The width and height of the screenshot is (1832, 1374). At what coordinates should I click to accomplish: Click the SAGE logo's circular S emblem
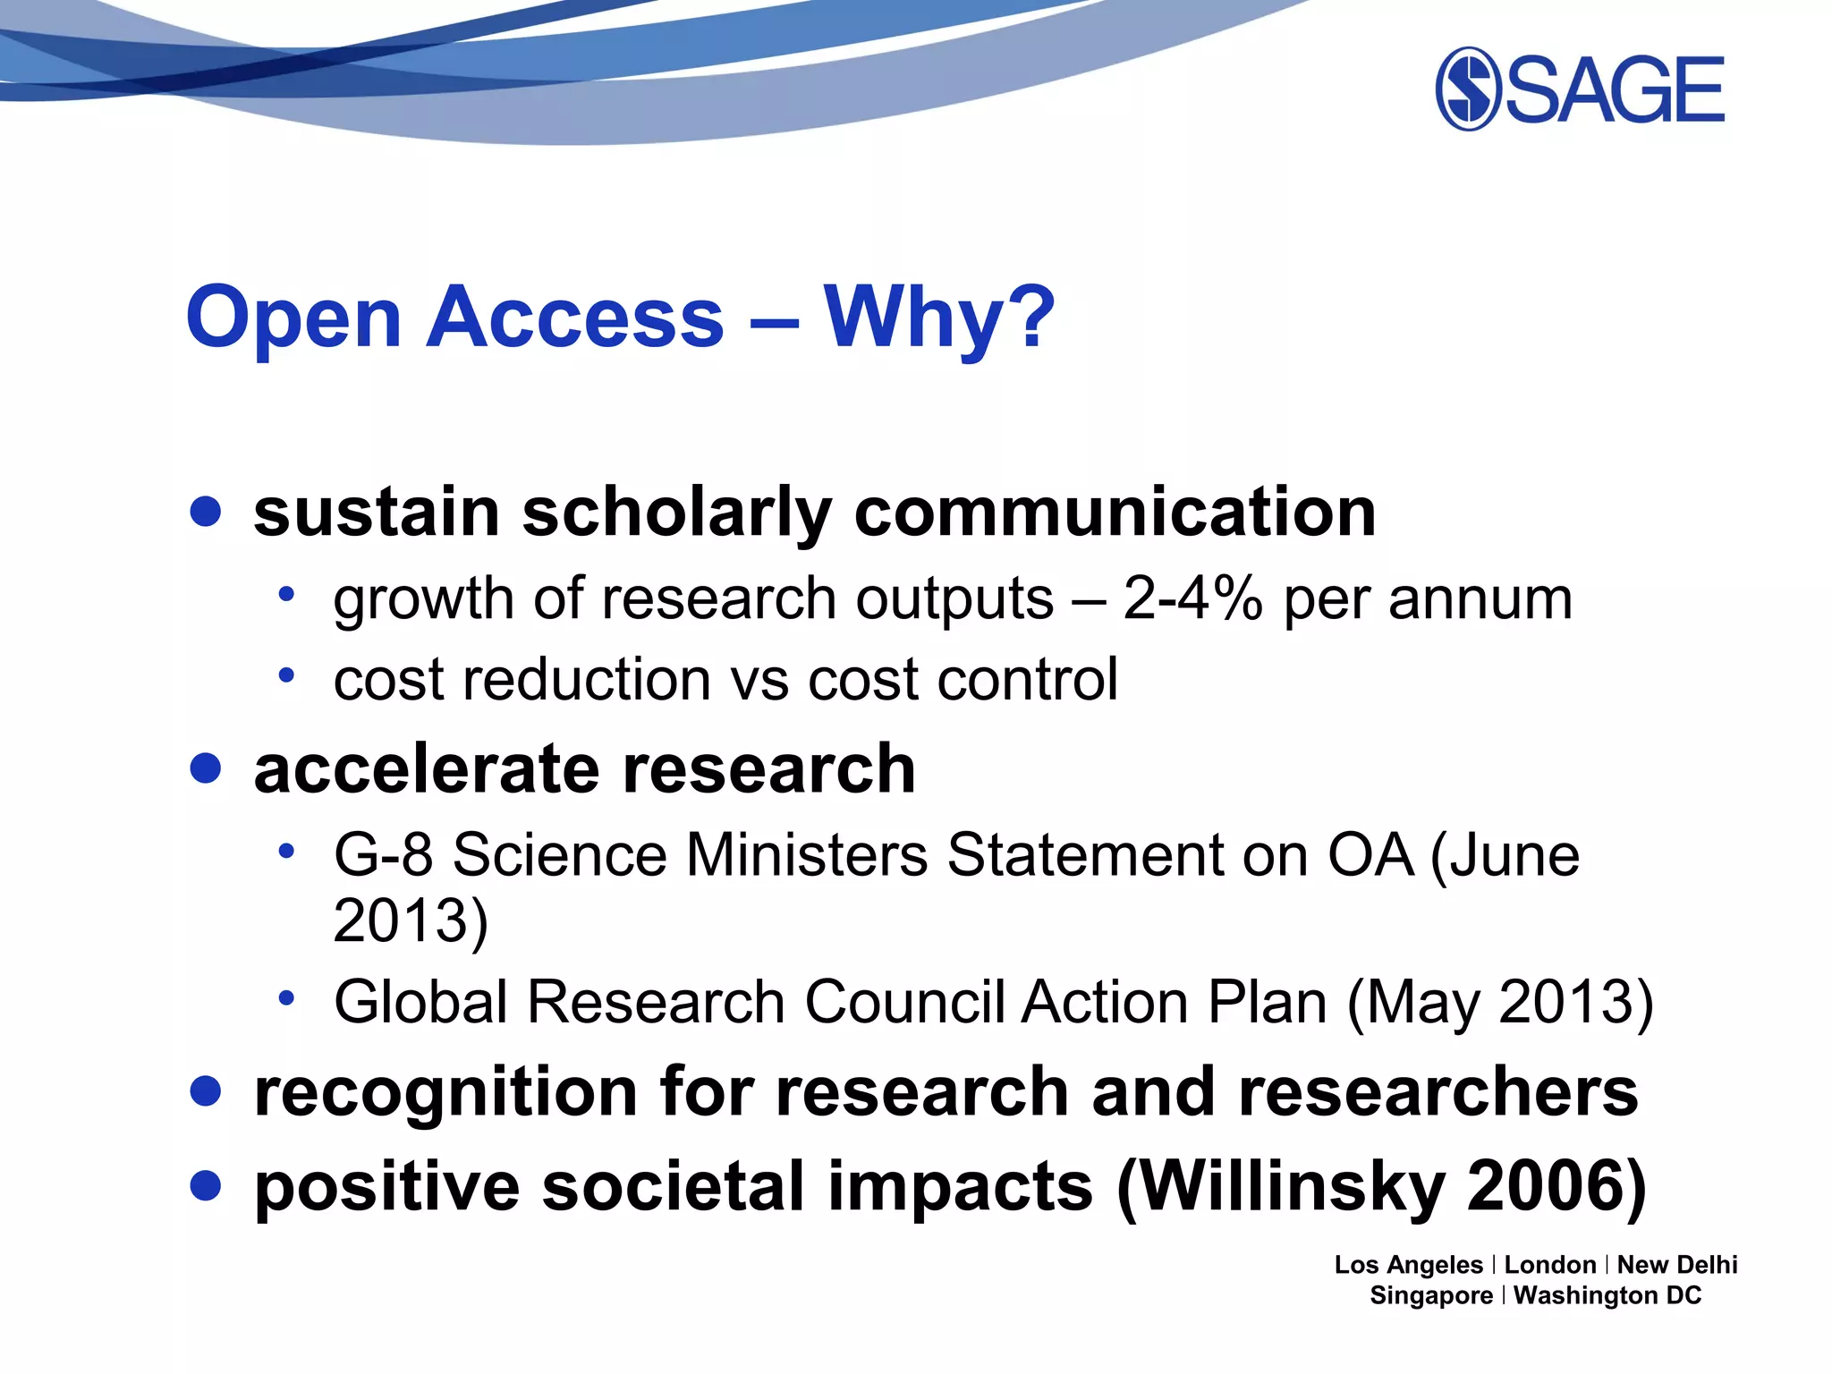(x=1468, y=89)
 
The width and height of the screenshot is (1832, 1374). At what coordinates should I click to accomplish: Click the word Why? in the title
(x=939, y=318)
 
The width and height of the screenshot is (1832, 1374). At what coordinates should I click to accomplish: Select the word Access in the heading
(x=574, y=318)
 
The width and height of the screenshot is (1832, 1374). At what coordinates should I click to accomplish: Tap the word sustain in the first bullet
(x=376, y=513)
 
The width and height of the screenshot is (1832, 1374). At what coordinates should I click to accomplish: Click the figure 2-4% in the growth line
(x=1192, y=598)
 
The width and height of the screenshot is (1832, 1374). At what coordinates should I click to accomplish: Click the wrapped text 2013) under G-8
(x=411, y=920)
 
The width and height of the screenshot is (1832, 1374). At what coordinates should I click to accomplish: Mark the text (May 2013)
(x=1500, y=1002)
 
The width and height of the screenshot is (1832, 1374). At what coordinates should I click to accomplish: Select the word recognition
(x=445, y=1093)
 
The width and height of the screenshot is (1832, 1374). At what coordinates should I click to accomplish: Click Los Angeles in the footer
(x=1408, y=1265)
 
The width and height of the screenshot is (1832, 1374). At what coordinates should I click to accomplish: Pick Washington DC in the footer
(x=1607, y=1295)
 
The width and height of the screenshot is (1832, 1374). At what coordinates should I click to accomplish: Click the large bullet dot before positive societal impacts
(x=206, y=1185)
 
